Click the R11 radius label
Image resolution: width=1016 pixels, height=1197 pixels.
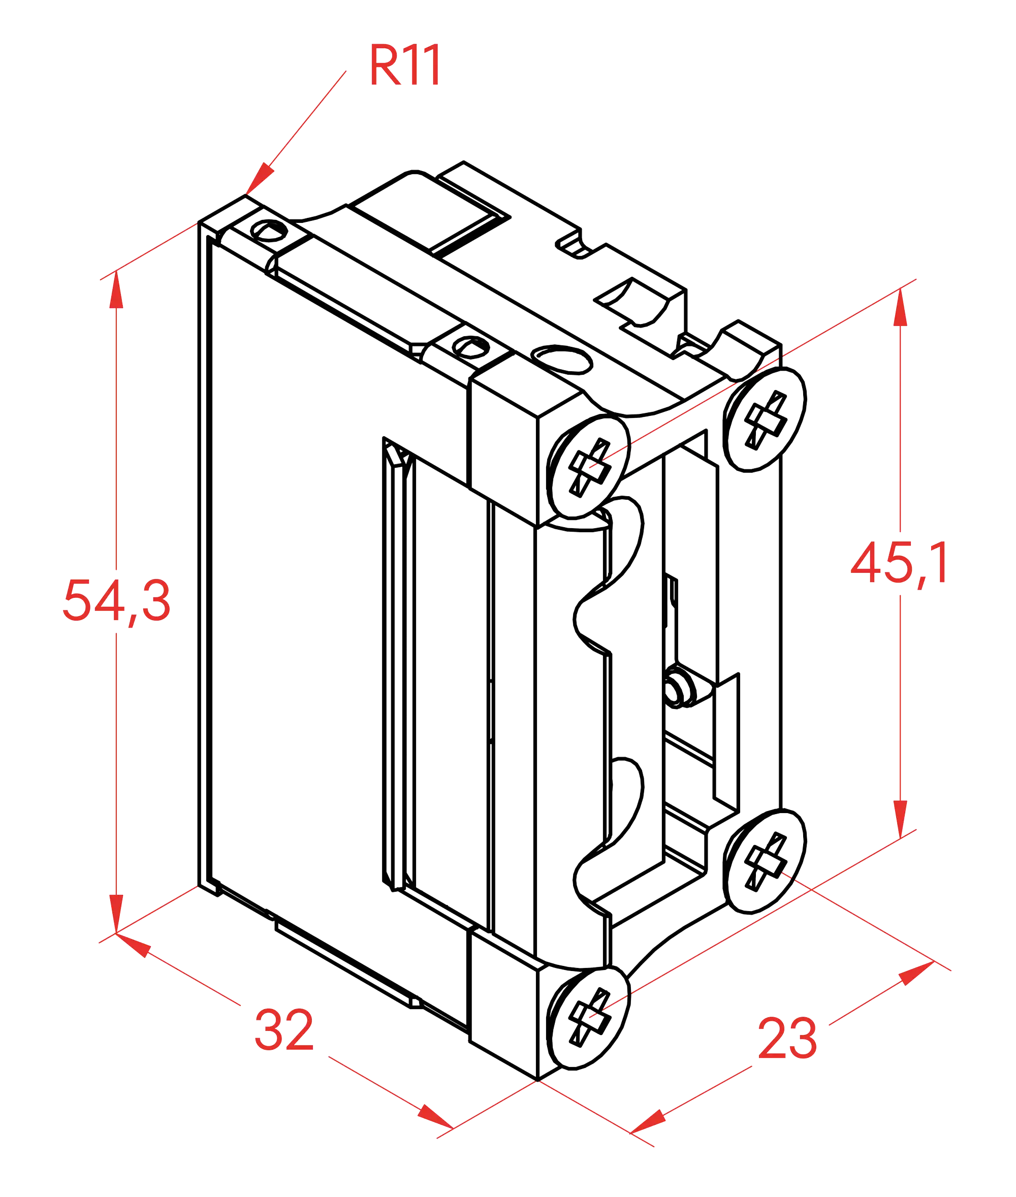pyautogui.click(x=404, y=64)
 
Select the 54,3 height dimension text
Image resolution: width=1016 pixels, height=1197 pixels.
pyautogui.click(x=116, y=601)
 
